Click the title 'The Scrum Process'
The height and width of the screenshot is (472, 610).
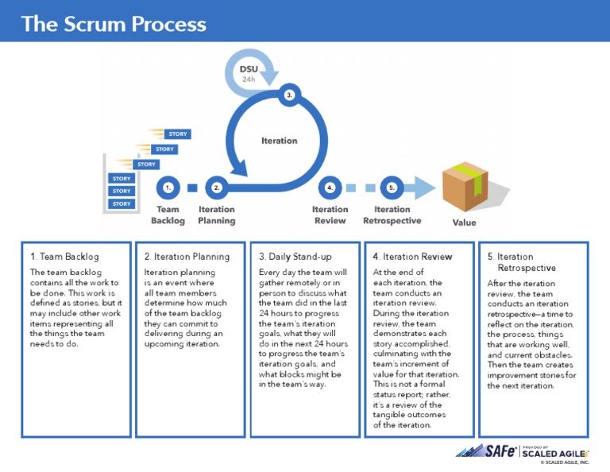pyautogui.click(x=114, y=23)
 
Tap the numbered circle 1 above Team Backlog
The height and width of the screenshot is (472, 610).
pyautogui.click(x=167, y=188)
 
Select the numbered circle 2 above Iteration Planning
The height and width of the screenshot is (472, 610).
pyautogui.click(x=216, y=188)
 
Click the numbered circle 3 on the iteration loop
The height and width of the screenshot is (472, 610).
pyautogui.click(x=290, y=95)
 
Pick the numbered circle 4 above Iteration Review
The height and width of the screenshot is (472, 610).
pyautogui.click(x=330, y=188)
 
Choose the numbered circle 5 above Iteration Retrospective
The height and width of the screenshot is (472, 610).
pyautogui.click(x=391, y=188)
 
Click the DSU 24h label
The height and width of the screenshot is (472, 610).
pyautogui.click(x=249, y=74)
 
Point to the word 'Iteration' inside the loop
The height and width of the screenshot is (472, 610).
pyautogui.click(x=279, y=141)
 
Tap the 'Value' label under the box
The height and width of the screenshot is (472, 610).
pyautogui.click(x=464, y=222)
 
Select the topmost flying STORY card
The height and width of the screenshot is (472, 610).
pyautogui.click(x=178, y=134)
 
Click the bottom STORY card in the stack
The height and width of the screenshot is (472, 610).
pyautogui.click(x=122, y=204)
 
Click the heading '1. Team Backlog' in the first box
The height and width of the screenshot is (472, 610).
pyautogui.click(x=64, y=257)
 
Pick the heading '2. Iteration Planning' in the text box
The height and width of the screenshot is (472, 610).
pyautogui.click(x=187, y=257)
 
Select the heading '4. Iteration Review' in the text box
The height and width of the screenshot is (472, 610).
pyautogui.click(x=412, y=257)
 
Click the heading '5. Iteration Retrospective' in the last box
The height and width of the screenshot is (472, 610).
pyautogui.click(x=521, y=262)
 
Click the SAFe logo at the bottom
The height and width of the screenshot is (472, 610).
pyautogui.click(x=486, y=451)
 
